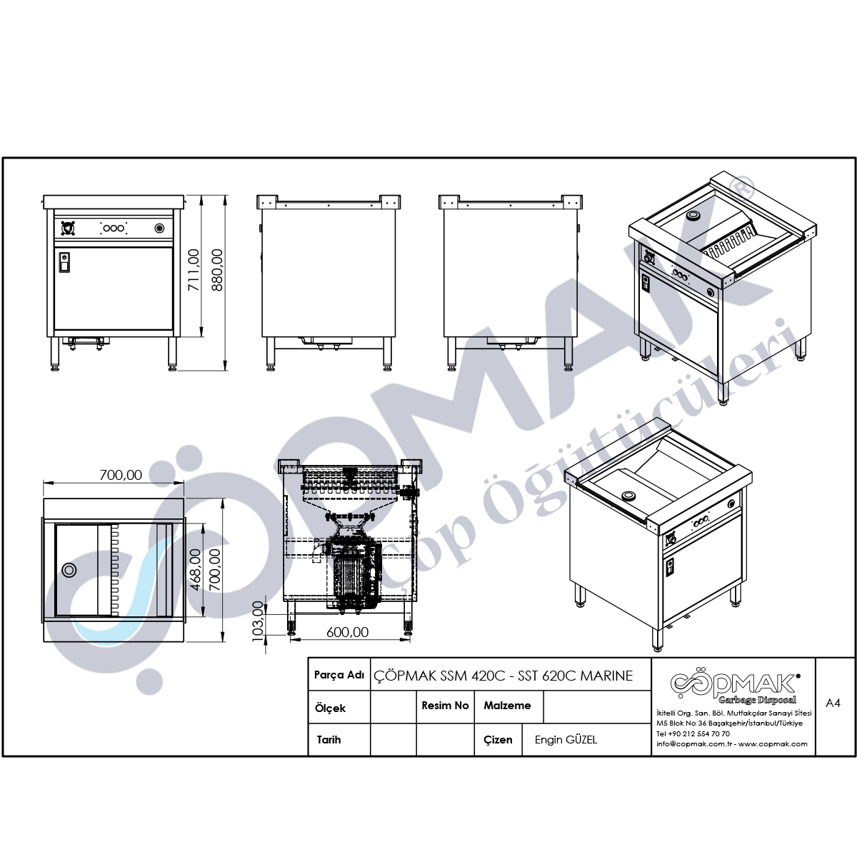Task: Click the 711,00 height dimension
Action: (194, 270)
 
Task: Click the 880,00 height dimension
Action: (218, 270)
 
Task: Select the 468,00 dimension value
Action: (196, 570)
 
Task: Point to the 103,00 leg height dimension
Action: (259, 621)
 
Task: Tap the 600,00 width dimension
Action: (347, 632)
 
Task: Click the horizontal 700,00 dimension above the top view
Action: (121, 475)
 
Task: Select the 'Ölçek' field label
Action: (330, 708)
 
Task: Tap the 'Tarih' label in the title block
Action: (329, 740)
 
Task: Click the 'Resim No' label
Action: (445, 706)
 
